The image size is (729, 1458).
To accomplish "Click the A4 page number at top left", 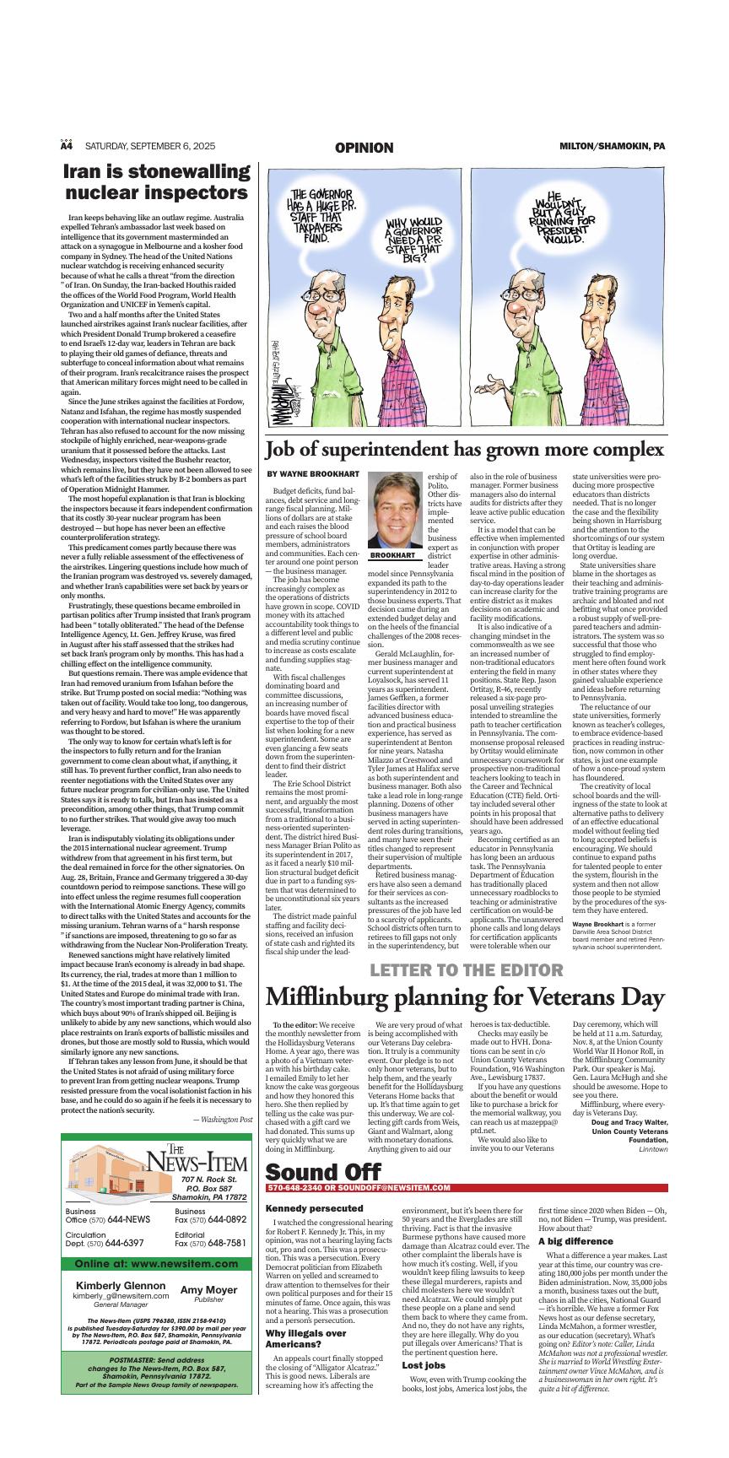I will pyautogui.click(x=67, y=146).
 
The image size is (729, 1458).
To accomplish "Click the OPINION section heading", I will pyautogui.click(x=364, y=148).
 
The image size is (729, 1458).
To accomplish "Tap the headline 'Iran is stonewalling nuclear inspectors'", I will pyautogui.click(x=158, y=182).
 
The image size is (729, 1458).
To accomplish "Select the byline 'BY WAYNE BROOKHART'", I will pyautogui.click(x=313, y=474).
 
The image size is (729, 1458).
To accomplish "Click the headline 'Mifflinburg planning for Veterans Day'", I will pyautogui.click(x=465, y=997).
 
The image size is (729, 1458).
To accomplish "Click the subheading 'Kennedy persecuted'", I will pyautogui.click(x=302, y=1208).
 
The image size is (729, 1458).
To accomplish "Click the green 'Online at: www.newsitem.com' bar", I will pyautogui.click(x=157, y=1264).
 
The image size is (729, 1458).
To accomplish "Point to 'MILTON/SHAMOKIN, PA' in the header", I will pyautogui.click(x=612, y=146).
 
